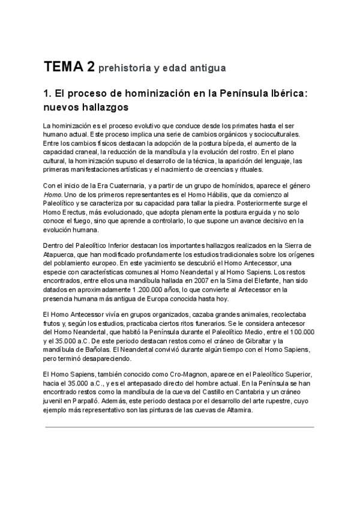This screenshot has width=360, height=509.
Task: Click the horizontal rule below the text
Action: click(179, 427)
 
